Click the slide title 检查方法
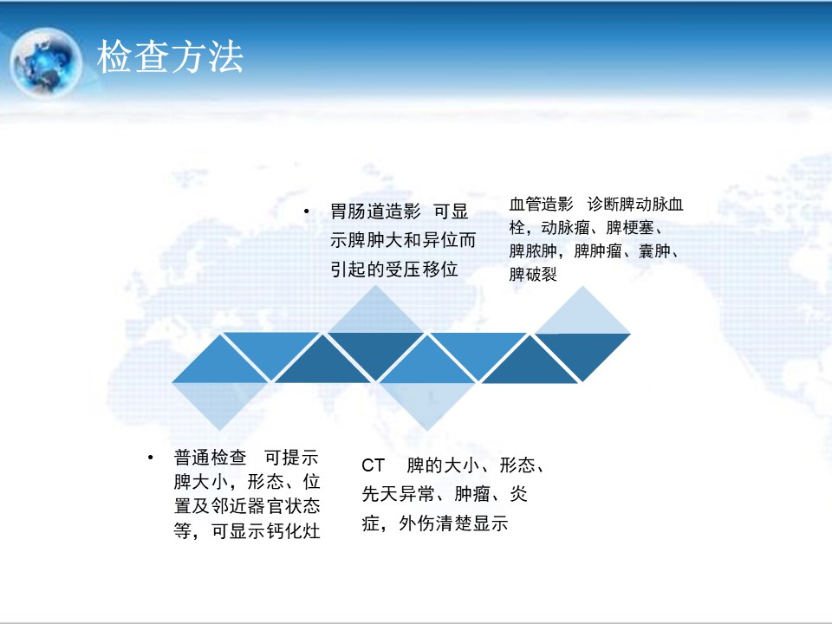click(170, 57)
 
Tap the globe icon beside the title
click(46, 62)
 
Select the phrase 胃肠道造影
click(375, 211)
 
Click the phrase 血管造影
click(541, 205)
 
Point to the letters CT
click(373, 466)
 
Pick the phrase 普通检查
click(210, 458)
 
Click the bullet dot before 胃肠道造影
click(307, 211)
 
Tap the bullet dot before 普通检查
click(151, 457)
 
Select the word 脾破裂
click(533, 275)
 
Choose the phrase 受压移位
click(421, 270)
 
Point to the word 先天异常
click(399, 494)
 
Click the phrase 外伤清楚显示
click(453, 523)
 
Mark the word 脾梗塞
click(630, 228)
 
